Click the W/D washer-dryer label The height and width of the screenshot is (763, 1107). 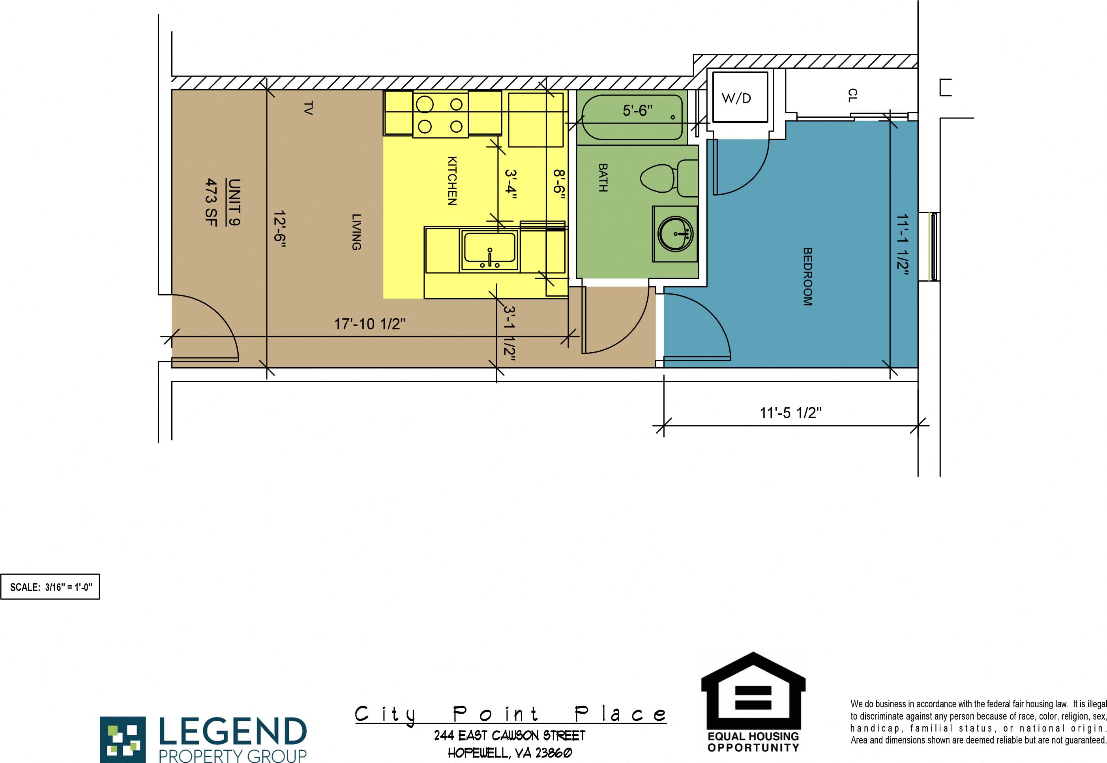pos(736,98)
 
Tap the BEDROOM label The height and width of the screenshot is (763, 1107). pos(807,276)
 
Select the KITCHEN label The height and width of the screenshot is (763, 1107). pos(451,181)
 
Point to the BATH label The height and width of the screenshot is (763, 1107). pos(603,177)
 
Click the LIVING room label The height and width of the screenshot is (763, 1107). pos(356,232)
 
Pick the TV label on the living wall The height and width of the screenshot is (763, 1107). pos(308,108)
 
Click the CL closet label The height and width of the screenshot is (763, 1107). pos(852,95)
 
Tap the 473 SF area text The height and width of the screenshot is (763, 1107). pos(211,202)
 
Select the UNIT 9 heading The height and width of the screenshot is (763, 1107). pos(234,202)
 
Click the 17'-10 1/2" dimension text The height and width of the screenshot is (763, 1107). pos(369,324)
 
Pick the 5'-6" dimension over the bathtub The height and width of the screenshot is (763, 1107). pos(637,111)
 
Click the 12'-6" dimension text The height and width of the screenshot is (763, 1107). pos(279,229)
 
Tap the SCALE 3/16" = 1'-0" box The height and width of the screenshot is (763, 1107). pos(50,586)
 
